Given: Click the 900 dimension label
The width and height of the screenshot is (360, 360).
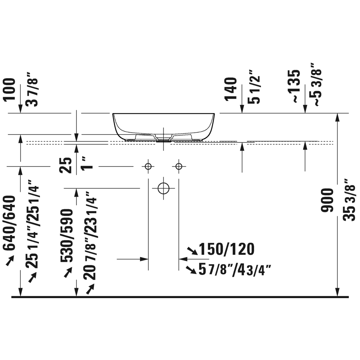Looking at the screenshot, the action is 327,200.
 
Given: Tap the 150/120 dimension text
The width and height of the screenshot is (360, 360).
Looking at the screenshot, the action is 227,249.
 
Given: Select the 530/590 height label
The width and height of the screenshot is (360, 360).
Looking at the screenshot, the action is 67,236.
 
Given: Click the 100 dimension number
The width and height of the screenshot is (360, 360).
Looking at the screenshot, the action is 9,89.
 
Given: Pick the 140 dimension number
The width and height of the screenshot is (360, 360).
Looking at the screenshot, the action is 231,89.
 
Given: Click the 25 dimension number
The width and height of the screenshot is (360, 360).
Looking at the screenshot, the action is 66,165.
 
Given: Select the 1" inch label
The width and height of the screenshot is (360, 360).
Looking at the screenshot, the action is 87,163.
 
